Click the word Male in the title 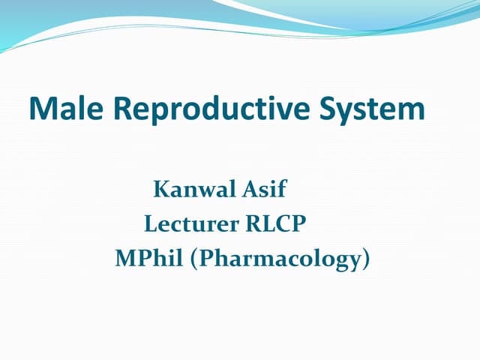[64, 109]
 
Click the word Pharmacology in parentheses [280, 259]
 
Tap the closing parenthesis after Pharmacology [366, 259]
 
